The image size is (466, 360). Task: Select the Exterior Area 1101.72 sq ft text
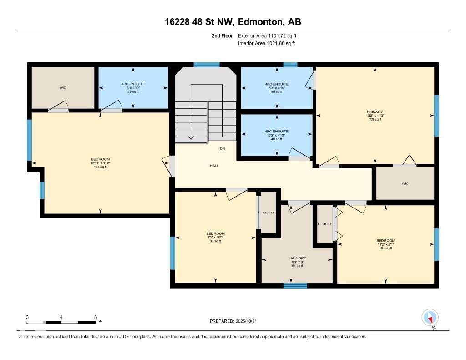pyautogui.click(x=267, y=35)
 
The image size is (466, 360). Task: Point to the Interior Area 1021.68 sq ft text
pyautogui.click(x=266, y=43)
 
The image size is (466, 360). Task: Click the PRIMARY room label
pyautogui.click(x=375, y=112)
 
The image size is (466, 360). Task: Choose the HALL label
pyautogui.click(x=214, y=166)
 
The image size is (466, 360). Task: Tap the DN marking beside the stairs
pyautogui.click(x=222, y=149)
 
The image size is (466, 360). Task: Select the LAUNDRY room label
pyautogui.click(x=298, y=258)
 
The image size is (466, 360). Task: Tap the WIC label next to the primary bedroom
pyautogui.click(x=405, y=183)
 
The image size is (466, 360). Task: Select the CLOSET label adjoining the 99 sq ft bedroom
pyautogui.click(x=268, y=213)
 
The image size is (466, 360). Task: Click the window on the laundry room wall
pyautogui.click(x=295, y=286)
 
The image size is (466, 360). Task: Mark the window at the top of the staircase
pyautogui.click(x=206, y=65)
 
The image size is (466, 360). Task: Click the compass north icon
pyautogui.click(x=430, y=317)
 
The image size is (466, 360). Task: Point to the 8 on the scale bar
pyautogui.click(x=95, y=317)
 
